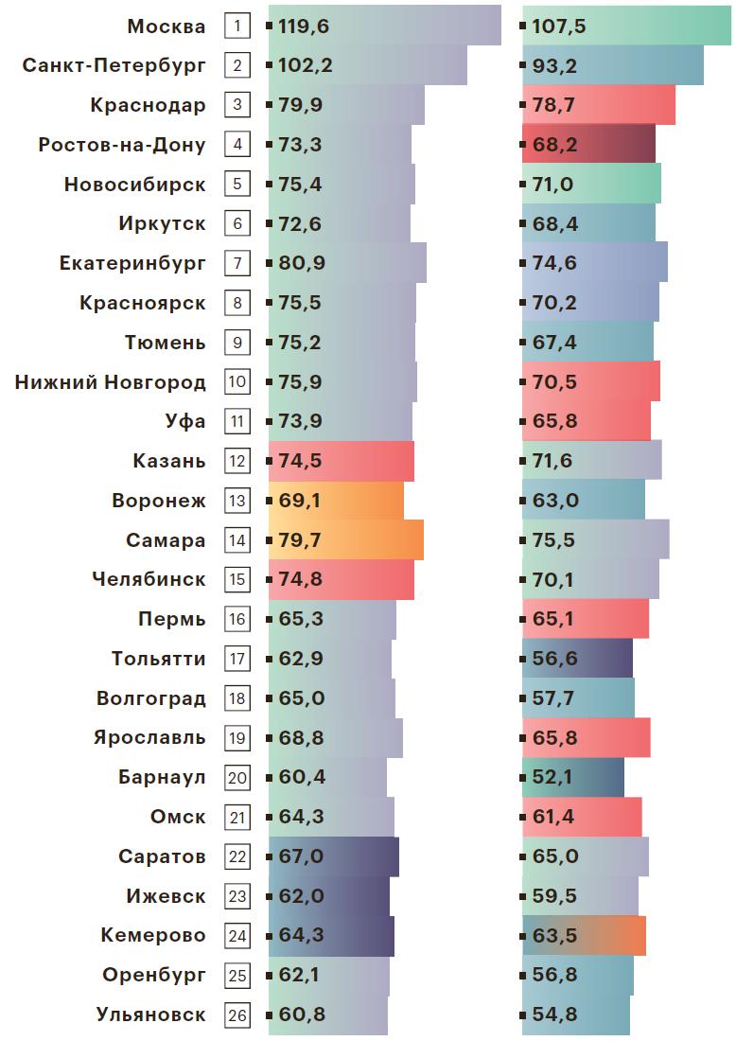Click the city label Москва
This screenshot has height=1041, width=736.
(166, 26)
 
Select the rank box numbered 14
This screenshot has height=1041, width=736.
(237, 540)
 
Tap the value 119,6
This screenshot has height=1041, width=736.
(304, 26)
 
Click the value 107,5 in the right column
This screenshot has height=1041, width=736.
(559, 26)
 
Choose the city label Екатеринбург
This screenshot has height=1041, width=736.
(131, 263)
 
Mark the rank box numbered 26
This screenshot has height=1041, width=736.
(237, 1015)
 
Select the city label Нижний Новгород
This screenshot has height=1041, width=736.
(111, 382)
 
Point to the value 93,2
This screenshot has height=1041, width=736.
(554, 66)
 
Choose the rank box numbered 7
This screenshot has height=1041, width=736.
(237, 263)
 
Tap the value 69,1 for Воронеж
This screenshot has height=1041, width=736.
(300, 501)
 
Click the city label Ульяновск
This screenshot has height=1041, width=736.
(150, 1015)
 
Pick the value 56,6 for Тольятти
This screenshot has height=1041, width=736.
(554, 659)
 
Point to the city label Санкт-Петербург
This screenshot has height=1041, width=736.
(114, 66)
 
